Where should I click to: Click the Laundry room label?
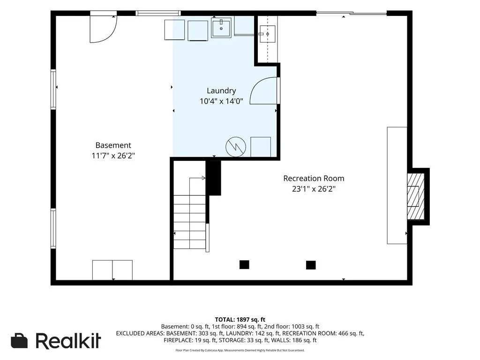click(221, 90)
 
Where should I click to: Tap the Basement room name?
click(113, 145)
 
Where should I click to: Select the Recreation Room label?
click(314, 178)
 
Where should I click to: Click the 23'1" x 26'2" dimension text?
click(314, 188)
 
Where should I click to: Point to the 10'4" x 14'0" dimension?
click(221, 101)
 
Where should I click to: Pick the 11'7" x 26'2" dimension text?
click(113, 156)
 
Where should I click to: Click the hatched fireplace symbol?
click(416, 196)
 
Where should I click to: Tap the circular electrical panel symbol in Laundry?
click(236, 147)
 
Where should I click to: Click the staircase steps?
click(190, 222)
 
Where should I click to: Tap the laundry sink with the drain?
click(221, 28)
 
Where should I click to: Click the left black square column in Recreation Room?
click(244, 264)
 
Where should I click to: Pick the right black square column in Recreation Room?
click(311, 265)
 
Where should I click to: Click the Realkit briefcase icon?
click(19, 340)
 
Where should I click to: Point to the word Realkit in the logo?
click(68, 340)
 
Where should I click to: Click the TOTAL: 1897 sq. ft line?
click(240, 320)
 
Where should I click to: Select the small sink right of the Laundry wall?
click(267, 34)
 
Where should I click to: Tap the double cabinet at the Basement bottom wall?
click(112, 270)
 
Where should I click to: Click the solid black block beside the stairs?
click(213, 178)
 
